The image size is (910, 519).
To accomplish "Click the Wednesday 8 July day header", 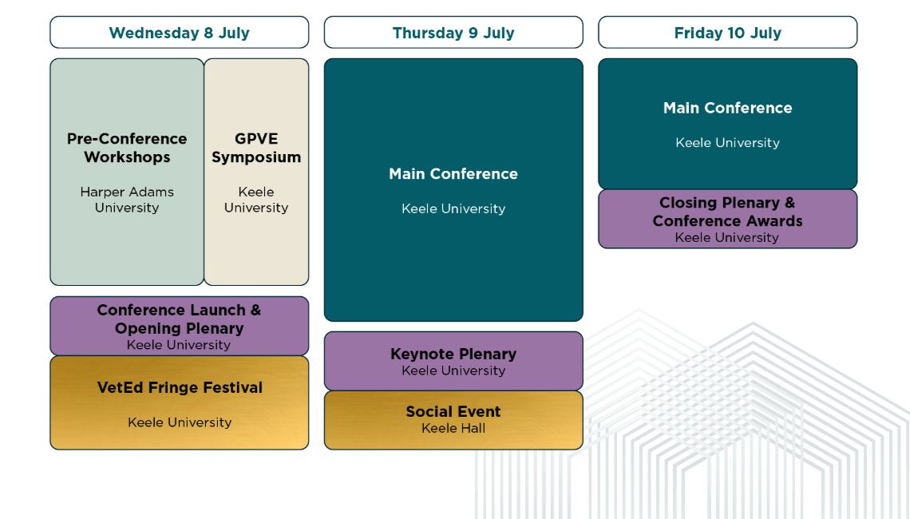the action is click(x=180, y=33).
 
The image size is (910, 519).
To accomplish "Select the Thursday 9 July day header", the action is click(x=453, y=33).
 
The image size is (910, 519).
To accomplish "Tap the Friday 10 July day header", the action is click(x=728, y=33).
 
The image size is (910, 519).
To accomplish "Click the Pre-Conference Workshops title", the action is click(x=127, y=148).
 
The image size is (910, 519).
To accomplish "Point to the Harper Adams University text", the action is click(x=127, y=200).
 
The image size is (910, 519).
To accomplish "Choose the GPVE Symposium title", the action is click(x=256, y=148).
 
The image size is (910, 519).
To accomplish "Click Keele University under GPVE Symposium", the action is click(x=256, y=200).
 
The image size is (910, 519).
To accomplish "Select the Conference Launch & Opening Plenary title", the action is click(x=180, y=319).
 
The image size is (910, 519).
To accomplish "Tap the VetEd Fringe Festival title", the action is click(x=180, y=387).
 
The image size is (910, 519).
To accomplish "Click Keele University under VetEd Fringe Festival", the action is click(x=180, y=422).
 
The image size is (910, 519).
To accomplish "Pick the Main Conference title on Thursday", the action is click(x=453, y=173).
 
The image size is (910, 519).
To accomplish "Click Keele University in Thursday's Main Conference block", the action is click(x=453, y=208).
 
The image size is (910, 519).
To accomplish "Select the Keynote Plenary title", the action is click(x=453, y=354).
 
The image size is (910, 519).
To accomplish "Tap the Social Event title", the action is click(x=453, y=411).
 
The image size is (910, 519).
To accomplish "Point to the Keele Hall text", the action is click(x=453, y=429).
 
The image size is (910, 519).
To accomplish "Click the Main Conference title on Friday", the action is click(x=728, y=108).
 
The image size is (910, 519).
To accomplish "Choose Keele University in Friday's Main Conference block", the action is click(x=728, y=142).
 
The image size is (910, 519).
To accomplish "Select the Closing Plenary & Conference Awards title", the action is click(x=728, y=212).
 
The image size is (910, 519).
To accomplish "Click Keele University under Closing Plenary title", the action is click(x=727, y=237).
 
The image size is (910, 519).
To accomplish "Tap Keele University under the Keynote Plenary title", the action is click(x=453, y=370).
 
